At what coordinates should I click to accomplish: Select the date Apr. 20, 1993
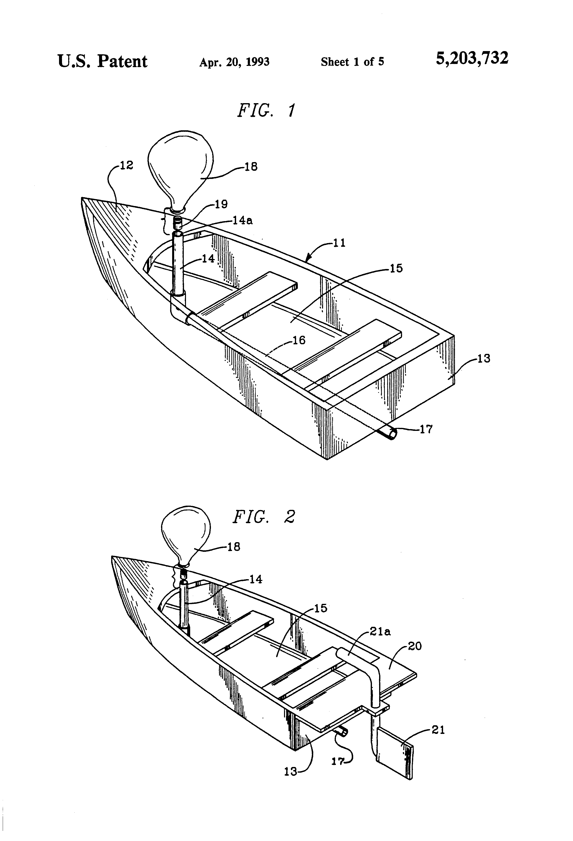click(234, 62)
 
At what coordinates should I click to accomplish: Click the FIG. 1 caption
click(266, 110)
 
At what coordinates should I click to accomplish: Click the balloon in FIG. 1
click(180, 170)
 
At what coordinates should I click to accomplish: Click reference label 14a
click(243, 220)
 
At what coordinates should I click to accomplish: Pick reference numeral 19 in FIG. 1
click(221, 205)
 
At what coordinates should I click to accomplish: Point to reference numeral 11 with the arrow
click(339, 243)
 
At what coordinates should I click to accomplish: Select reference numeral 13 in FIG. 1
click(484, 358)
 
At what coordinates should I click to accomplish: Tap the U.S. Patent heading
click(102, 61)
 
